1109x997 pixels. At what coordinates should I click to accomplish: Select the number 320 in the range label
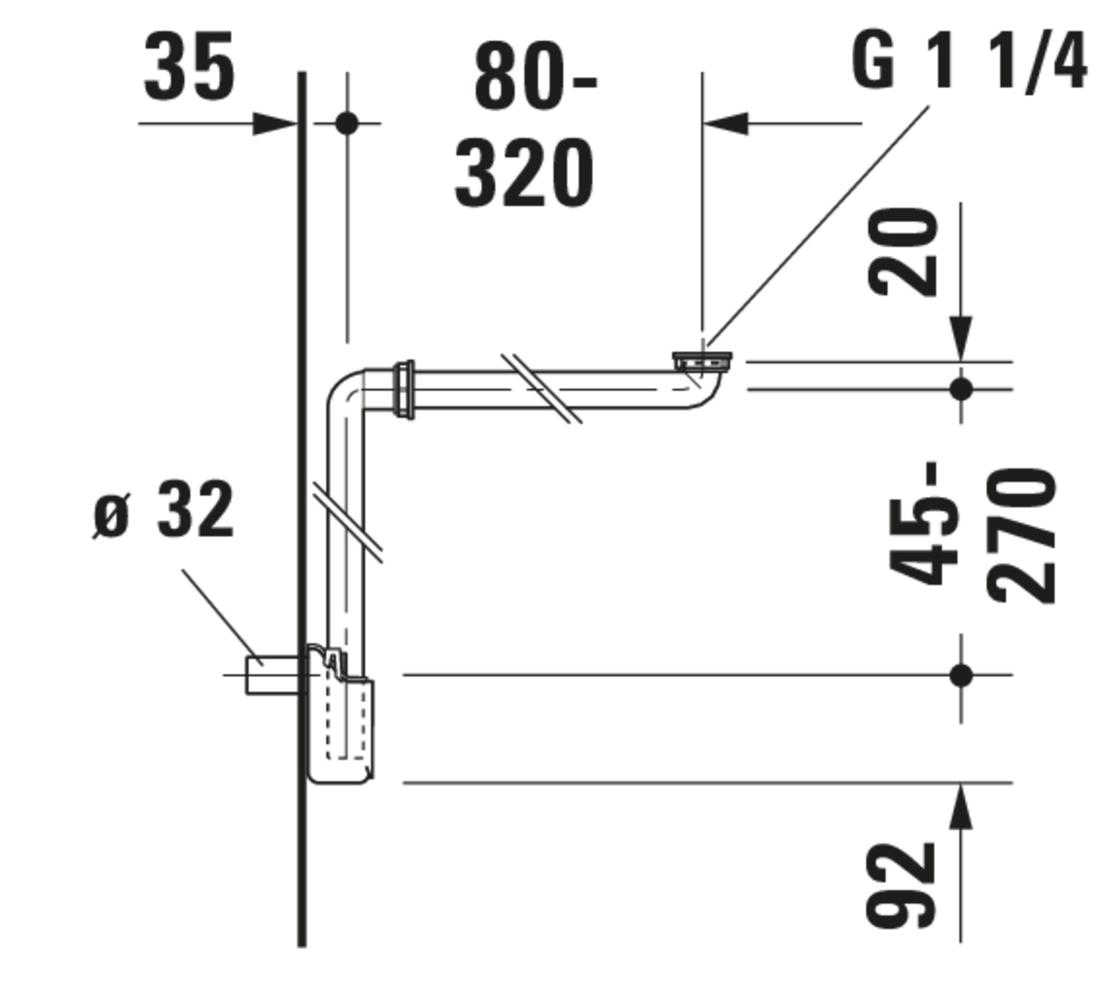[x=524, y=173]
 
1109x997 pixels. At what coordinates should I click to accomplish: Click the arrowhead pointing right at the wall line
[x=274, y=124]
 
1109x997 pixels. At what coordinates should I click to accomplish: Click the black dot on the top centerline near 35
[x=346, y=123]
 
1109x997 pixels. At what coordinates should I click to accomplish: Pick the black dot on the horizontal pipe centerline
[x=961, y=390]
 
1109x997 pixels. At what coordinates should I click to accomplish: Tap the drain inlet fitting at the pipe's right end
[x=702, y=363]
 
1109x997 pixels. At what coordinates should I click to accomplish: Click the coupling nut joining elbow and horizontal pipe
[x=404, y=390]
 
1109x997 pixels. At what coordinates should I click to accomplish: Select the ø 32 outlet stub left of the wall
[x=272, y=675]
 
